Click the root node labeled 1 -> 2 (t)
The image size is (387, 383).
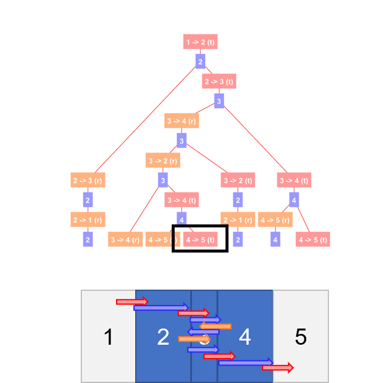200,42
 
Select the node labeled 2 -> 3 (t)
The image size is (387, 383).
219,81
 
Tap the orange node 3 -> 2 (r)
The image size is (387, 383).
163,160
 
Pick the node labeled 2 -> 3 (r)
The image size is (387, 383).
87,180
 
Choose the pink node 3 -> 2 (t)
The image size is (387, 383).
238,180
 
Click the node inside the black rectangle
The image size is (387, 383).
200,240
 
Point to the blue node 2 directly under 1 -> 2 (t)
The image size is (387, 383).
200,62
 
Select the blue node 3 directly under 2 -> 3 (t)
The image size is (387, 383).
219,101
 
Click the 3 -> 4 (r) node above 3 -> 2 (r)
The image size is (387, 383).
181,121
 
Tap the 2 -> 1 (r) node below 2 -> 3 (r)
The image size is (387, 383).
87,220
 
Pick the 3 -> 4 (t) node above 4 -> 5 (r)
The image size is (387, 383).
294,180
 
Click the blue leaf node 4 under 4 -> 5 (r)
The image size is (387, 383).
275,240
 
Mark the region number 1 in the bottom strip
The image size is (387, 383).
108,338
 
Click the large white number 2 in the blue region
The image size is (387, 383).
163,338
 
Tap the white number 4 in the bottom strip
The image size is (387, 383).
245,338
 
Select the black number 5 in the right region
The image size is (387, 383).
301,338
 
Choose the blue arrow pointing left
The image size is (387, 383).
203,332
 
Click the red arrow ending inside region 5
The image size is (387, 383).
278,367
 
